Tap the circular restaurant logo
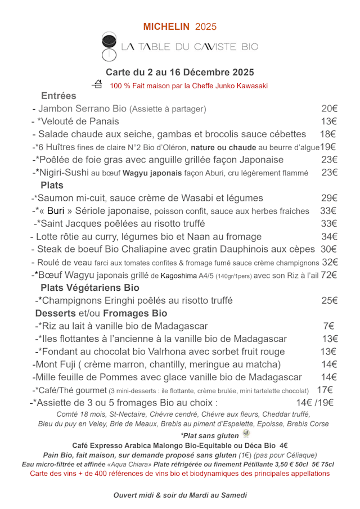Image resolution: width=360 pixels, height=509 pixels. click(x=109, y=47)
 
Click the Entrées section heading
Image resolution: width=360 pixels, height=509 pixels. click(x=58, y=96)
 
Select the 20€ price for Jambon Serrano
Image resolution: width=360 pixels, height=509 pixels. click(x=329, y=109)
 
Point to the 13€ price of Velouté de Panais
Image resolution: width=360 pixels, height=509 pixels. click(x=329, y=121)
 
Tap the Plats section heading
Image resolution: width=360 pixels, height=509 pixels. click(x=52, y=185)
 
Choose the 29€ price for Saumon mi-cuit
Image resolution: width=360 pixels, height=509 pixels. click(x=329, y=198)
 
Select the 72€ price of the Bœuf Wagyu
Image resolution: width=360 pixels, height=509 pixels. click(x=329, y=275)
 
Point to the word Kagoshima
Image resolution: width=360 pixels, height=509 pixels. click(x=178, y=276)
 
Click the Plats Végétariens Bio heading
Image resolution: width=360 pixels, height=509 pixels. click(x=89, y=287)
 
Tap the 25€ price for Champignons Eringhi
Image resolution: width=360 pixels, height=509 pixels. click(x=329, y=300)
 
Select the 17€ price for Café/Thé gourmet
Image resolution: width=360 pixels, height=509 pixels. click(x=325, y=390)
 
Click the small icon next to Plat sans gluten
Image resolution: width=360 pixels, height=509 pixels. click(x=246, y=433)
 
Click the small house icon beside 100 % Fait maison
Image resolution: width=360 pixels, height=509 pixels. click(x=97, y=84)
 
